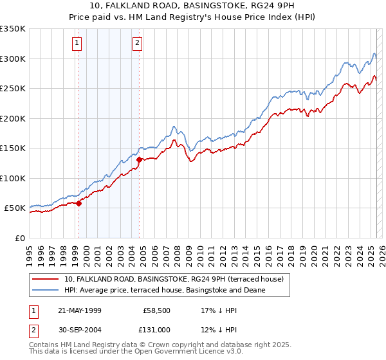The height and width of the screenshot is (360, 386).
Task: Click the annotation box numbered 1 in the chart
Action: pyautogui.click(x=77, y=43)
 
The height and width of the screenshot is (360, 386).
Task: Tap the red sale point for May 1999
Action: pyautogui.click(x=79, y=203)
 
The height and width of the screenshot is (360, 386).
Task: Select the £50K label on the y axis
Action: pyautogui.click(x=15, y=208)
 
